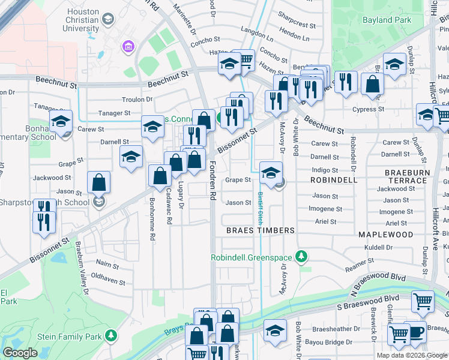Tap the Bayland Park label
tap(412, 20)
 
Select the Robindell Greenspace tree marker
tap(303, 257)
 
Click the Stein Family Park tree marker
tap(110, 335)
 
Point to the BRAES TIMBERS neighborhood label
tap(260, 230)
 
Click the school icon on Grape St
tap(271, 173)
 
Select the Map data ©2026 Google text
tap(411, 355)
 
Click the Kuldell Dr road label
tap(378, 247)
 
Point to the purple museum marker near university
tap(127, 46)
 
